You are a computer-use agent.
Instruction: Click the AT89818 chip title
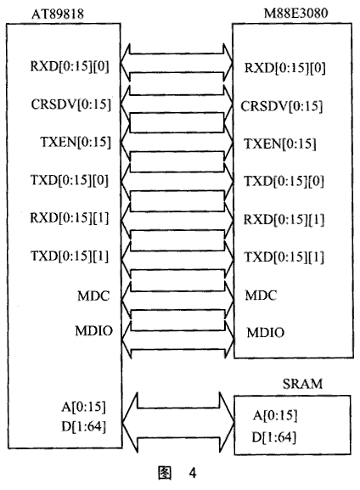(x=58, y=14)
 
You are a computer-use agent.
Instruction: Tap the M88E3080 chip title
(x=295, y=13)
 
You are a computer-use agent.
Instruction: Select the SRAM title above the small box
(x=302, y=384)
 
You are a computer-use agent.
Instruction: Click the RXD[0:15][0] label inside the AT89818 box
(x=70, y=66)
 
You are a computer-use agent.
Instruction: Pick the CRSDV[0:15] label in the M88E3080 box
(x=281, y=106)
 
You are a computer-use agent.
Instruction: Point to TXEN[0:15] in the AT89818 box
(x=76, y=142)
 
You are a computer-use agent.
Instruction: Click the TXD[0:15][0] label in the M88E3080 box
(x=284, y=181)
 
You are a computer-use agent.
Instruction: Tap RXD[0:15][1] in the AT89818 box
(x=69, y=217)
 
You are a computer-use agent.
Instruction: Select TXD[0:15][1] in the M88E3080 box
(x=284, y=256)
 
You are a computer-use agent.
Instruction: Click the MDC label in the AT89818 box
(x=93, y=296)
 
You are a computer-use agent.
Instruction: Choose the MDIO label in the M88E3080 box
(x=265, y=333)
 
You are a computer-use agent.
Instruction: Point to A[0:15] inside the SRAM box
(x=275, y=415)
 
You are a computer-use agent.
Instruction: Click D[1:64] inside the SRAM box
(x=273, y=437)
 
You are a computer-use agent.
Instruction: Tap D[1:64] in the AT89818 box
(x=83, y=426)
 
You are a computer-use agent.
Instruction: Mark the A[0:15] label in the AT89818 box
(x=83, y=407)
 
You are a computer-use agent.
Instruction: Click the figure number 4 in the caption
(x=193, y=473)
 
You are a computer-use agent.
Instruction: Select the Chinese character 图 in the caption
(x=165, y=472)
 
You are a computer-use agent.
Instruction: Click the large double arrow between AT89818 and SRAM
(x=178, y=423)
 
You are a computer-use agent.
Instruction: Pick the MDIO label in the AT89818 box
(x=93, y=331)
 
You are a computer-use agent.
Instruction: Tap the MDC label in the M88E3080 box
(x=261, y=296)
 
